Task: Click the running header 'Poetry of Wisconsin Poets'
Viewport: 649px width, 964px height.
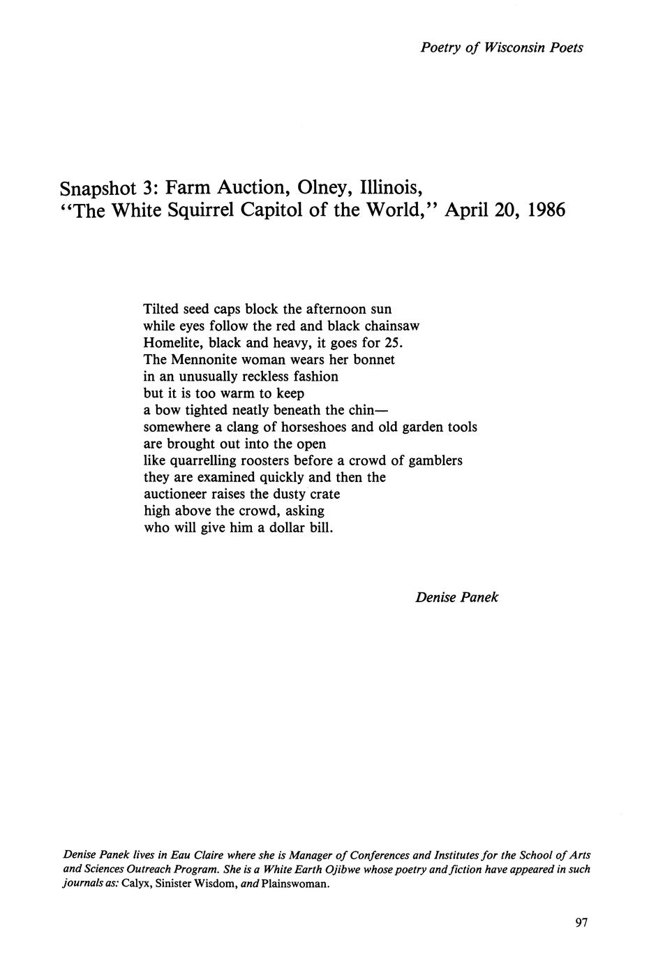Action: tap(502, 48)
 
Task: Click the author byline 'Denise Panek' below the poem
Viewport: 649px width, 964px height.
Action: tap(456, 597)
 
